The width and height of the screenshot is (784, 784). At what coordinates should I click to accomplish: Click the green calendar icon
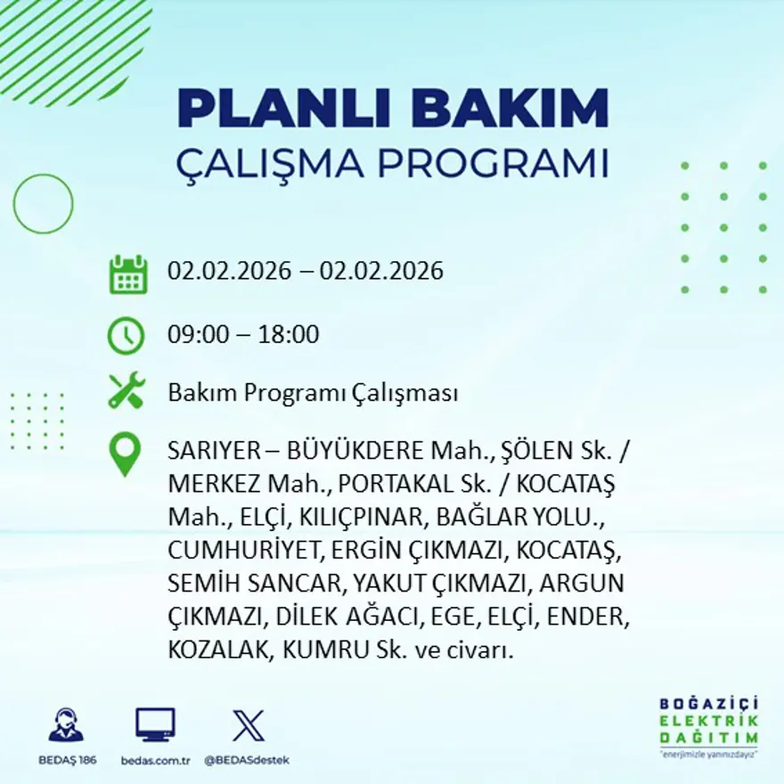(x=127, y=274)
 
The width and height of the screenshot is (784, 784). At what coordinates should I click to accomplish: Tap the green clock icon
(x=126, y=336)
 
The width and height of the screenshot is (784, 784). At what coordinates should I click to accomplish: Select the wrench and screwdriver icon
(x=127, y=391)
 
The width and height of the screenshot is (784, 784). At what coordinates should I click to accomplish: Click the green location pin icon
(x=125, y=453)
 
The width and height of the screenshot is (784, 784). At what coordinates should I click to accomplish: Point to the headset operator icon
(x=66, y=725)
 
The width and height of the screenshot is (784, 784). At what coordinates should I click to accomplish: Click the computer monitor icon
(x=155, y=725)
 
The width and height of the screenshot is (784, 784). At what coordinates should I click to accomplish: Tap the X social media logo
(x=248, y=725)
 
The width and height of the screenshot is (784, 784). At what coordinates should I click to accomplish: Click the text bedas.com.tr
(x=155, y=760)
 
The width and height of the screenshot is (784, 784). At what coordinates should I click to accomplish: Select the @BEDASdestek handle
(x=247, y=760)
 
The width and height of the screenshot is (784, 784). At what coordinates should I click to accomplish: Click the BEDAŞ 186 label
(x=68, y=760)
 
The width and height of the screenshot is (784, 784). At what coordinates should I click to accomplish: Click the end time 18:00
(x=288, y=335)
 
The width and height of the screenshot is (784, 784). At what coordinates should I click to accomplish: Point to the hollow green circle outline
(x=43, y=204)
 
